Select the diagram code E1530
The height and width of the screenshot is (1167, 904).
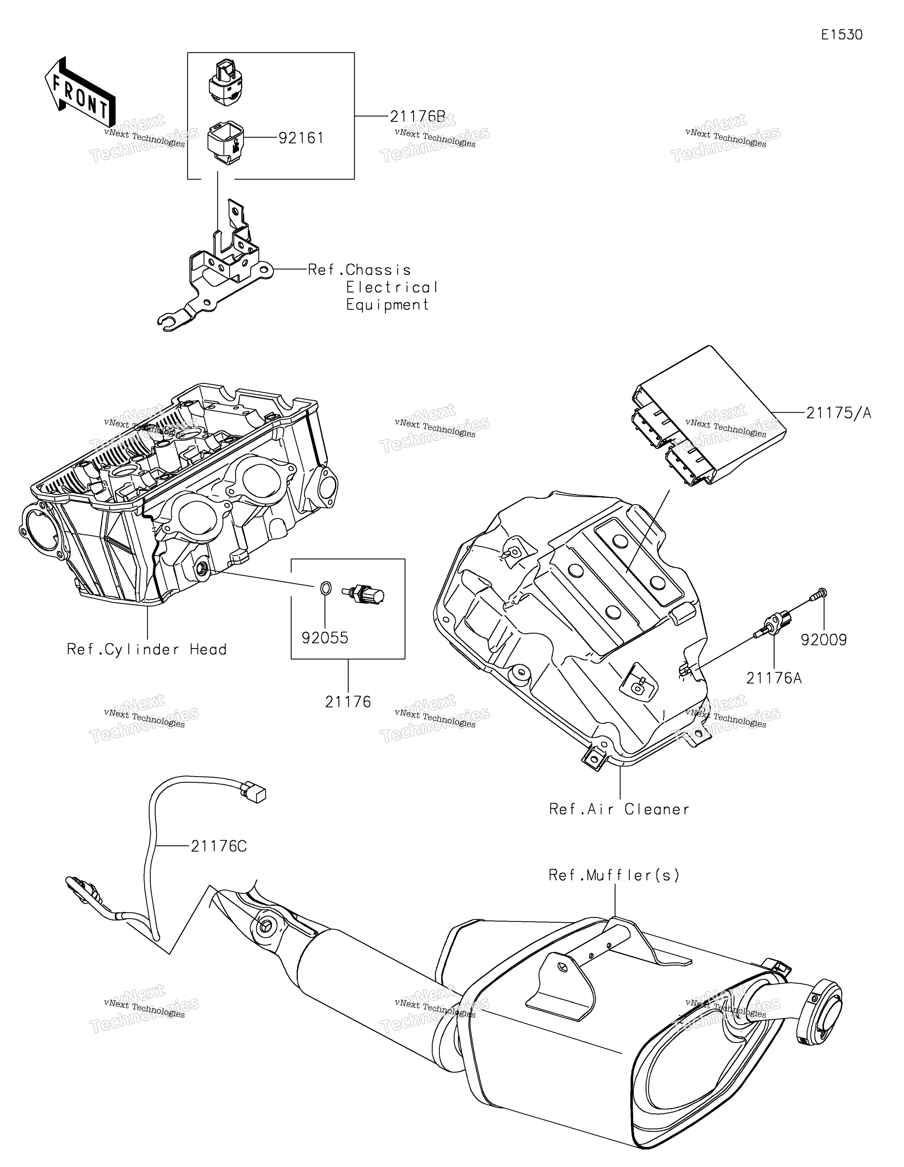click(x=842, y=35)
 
